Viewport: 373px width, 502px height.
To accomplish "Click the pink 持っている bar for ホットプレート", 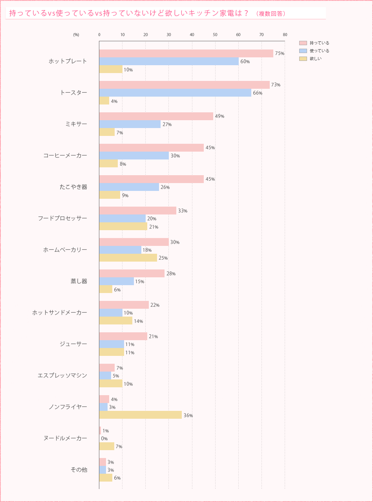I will click(186, 53).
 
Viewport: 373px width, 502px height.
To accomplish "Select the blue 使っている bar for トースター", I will click(175, 93).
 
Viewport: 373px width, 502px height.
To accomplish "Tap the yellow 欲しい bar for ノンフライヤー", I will click(140, 415).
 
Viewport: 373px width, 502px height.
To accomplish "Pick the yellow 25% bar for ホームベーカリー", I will click(128, 258).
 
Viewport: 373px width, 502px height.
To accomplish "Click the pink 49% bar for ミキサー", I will click(156, 116).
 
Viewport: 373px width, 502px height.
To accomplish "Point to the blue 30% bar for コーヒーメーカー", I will click(134, 156).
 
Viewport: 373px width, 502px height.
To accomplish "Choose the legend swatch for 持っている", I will click(303, 43).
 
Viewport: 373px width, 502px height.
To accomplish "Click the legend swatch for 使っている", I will click(303, 51).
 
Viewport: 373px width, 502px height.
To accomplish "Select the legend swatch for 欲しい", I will click(303, 59).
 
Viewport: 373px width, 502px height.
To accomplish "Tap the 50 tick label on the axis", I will click(215, 35).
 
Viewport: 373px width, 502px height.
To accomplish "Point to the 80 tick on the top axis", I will click(285, 35).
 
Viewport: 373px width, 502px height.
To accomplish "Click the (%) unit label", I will click(76, 35).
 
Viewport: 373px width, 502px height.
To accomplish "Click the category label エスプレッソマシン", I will click(62, 376).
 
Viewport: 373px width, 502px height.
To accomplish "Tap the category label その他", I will click(79, 470).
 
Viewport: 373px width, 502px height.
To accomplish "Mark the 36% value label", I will click(188, 416).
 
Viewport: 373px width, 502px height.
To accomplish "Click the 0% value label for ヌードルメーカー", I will click(104, 439).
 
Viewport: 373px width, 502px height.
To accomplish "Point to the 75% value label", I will click(280, 53).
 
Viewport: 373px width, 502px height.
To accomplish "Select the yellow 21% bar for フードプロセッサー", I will click(123, 226).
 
